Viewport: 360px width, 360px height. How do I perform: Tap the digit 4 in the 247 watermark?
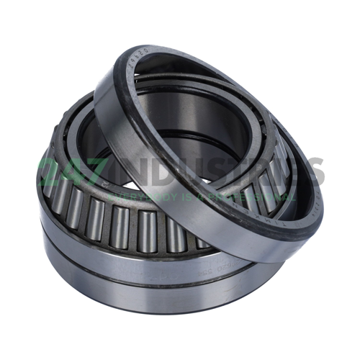tap(76, 171)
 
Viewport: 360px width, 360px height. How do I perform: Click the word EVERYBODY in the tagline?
tap(141, 194)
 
